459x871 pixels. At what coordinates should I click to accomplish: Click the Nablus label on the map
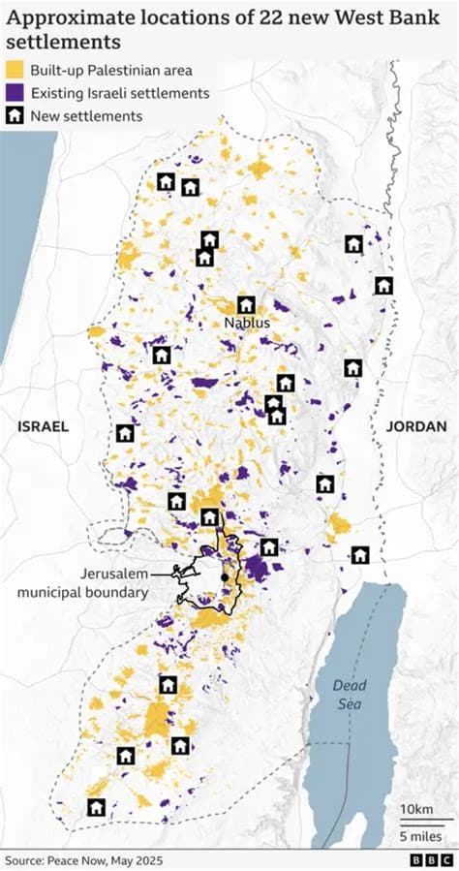click(246, 323)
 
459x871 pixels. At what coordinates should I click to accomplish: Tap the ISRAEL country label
click(43, 426)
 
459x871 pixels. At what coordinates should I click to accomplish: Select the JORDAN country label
click(416, 426)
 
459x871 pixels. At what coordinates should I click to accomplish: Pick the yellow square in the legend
click(15, 70)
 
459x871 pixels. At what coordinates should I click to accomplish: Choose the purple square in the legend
click(15, 93)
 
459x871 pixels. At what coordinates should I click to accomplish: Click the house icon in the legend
click(15, 116)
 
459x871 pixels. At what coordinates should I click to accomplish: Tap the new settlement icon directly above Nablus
click(246, 304)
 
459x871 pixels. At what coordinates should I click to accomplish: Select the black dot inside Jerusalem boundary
click(225, 577)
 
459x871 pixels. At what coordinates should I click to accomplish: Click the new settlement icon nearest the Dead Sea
click(360, 555)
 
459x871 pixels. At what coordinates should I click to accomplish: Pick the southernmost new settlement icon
click(96, 807)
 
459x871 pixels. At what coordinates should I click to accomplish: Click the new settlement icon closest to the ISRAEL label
click(125, 433)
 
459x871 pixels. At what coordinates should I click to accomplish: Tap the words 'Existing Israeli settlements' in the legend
click(120, 93)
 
